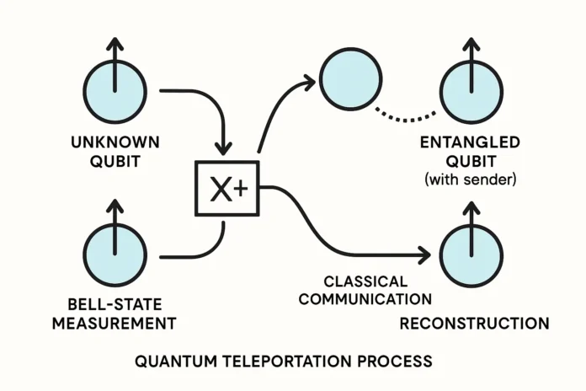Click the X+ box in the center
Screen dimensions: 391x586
pos(228,191)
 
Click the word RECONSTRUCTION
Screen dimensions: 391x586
pos(474,323)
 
